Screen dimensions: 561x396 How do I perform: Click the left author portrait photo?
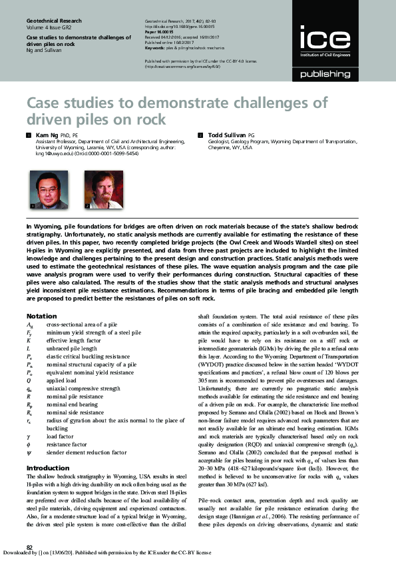(x=39, y=189)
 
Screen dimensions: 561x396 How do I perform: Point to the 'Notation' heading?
(x=41, y=316)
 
